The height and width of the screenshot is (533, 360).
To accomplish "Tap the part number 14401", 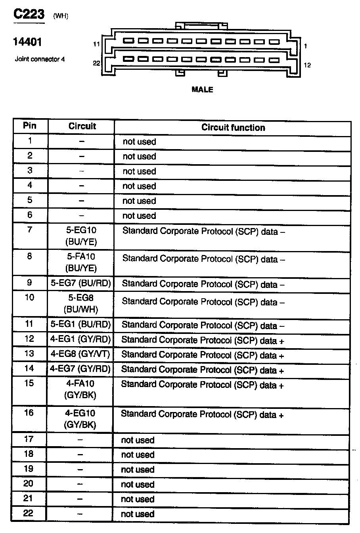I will pos(28,42).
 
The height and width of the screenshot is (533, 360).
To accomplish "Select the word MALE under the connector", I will pos(202,90).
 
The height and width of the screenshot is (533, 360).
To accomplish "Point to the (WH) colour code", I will pos(61,16).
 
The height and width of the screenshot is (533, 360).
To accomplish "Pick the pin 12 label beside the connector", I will pos(307,65).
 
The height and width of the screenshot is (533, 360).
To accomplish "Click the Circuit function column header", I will pos(233,128).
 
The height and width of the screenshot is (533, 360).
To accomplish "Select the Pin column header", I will pos(30,126).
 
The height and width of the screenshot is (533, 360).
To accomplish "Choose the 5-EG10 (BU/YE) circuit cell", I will pos(81,236).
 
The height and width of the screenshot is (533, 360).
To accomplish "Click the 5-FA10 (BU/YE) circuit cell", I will pos(81,262).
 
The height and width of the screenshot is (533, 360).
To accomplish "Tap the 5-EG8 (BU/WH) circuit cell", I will pos(81,303).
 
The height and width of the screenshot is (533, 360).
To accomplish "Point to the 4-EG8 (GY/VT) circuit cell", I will pos(80,354).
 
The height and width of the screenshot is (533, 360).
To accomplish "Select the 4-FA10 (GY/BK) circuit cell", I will pos(80,389).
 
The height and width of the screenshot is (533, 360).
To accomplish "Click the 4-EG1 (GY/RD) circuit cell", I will pos(80,339).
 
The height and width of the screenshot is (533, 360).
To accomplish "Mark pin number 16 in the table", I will pos(29,413).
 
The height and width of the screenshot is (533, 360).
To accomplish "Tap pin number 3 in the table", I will pos(30,171).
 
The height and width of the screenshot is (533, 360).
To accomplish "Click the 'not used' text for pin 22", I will pos(138,514).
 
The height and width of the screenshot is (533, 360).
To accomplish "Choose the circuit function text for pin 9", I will pos(203,284).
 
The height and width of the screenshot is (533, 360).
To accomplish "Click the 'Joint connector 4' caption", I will pos(40,59).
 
